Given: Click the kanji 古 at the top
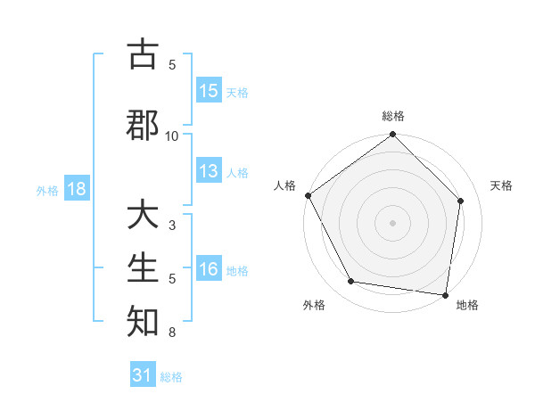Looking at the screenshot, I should [144, 55].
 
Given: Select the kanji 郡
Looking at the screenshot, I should [144, 123].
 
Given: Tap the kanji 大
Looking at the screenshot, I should [144, 217].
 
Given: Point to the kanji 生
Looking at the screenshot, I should [144, 268].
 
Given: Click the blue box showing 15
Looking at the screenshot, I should [209, 91].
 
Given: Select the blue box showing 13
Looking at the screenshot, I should [209, 172].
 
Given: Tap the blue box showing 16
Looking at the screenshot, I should [209, 270].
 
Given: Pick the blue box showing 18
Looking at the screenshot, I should [76, 189].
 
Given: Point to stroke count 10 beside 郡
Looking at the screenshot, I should [172, 136].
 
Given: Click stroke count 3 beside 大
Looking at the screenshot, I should [172, 226].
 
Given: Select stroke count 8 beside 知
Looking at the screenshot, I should [172, 333].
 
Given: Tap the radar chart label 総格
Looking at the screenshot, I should [393, 116].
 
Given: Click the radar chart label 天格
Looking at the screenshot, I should [501, 185].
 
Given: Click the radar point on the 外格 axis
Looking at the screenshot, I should [351, 282].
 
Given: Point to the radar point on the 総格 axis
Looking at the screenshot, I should [393, 136].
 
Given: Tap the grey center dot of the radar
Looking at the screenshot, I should [393, 222].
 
